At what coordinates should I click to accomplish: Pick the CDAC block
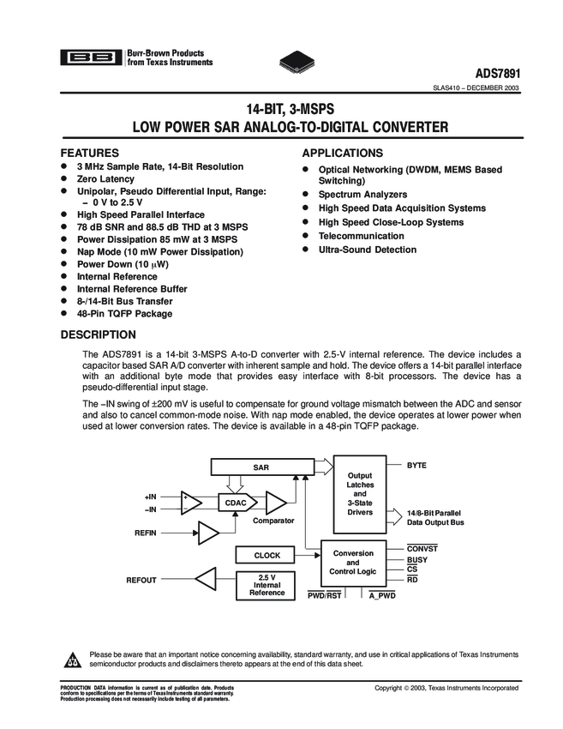click(236, 502)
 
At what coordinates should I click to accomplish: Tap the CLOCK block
click(267, 555)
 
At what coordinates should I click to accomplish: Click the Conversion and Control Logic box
click(353, 562)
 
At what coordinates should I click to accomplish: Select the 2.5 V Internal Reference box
click(267, 584)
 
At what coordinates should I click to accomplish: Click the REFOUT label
click(141, 581)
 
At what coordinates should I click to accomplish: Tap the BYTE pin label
click(416, 464)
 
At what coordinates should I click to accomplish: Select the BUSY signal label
click(417, 559)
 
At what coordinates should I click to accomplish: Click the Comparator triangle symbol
click(275, 502)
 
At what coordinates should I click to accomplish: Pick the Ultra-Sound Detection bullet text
click(367, 250)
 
